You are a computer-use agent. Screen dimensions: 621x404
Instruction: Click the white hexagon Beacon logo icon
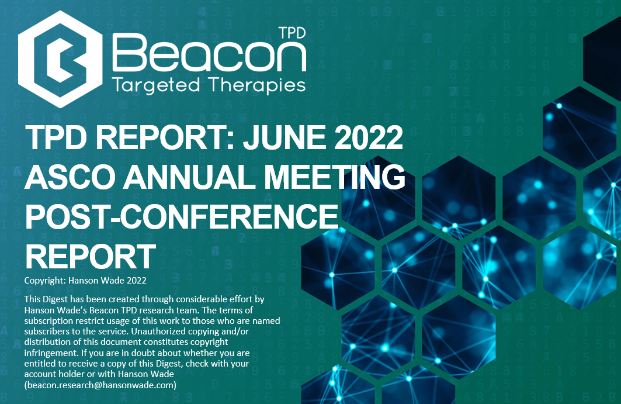pos(60,60)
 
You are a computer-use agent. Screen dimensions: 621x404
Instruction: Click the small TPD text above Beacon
pos(292,33)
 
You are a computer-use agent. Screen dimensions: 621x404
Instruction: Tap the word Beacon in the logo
pos(209,53)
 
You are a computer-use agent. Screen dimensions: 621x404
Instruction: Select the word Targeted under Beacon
pos(156,85)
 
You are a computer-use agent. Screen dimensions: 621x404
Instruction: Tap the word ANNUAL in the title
pos(189,177)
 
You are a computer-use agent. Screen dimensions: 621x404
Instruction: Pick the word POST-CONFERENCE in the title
pos(182,216)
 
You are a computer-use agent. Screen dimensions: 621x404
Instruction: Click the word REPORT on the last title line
pos(91,257)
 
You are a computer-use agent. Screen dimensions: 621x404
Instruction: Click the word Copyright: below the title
pos(45,281)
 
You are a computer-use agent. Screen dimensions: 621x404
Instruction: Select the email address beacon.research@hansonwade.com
pos(100,385)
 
